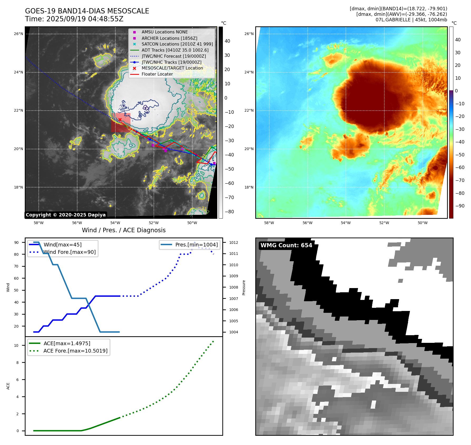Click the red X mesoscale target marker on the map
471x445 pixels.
(x=120, y=120)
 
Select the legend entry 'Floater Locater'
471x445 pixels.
(x=157, y=74)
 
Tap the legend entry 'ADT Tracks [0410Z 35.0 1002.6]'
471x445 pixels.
(x=175, y=50)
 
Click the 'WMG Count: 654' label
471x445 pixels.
(x=286, y=245)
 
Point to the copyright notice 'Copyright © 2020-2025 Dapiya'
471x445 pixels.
(x=66, y=215)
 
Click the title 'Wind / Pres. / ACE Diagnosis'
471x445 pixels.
(x=124, y=230)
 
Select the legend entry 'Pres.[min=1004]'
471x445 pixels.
(x=197, y=245)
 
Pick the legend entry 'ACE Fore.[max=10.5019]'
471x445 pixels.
(x=75, y=351)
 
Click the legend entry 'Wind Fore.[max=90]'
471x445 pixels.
(x=70, y=252)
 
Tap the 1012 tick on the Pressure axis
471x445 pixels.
(x=233, y=243)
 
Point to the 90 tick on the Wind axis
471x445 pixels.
(x=17, y=243)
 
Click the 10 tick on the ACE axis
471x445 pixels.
(x=16, y=345)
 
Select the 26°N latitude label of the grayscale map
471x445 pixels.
(x=18, y=34)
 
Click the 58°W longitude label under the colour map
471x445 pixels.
(x=269, y=223)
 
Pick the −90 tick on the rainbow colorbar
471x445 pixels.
(x=460, y=206)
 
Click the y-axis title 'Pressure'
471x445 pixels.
(x=244, y=288)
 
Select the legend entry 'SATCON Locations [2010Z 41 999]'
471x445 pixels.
(x=177, y=44)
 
